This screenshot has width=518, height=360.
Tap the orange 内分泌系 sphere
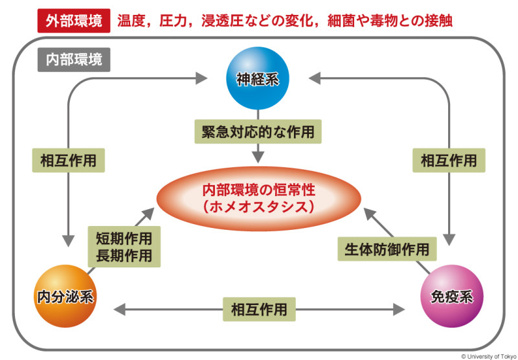[x=65, y=297]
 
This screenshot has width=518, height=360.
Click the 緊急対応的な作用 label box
[x=258, y=132]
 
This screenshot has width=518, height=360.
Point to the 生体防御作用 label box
[x=387, y=249]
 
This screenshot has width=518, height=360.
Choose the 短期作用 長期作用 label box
[x=124, y=247]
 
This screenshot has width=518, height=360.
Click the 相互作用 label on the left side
[x=68, y=159]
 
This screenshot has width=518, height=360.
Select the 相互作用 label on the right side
[x=449, y=159]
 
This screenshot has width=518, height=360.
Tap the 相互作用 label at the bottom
[x=259, y=309]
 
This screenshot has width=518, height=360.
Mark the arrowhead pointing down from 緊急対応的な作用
[x=258, y=157]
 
